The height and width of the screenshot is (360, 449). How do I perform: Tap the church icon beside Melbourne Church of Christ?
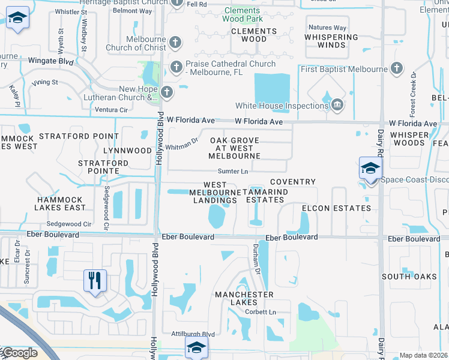pos(175,43)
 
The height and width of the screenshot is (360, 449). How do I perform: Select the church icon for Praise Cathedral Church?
pos(176,67)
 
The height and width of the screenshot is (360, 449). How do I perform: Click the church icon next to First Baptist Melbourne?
pos(396,68)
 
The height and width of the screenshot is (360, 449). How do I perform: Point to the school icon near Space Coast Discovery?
pos(370,168)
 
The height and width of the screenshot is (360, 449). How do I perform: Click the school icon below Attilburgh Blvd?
pos(196,347)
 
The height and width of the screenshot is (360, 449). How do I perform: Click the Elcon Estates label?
pos(336,208)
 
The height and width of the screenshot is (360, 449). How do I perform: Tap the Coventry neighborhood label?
pos(292,182)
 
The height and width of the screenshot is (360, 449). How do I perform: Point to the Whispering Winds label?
pos(331,41)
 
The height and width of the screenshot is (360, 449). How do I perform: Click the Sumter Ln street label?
pos(233,172)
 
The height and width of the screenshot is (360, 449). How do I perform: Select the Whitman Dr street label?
pos(181,144)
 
